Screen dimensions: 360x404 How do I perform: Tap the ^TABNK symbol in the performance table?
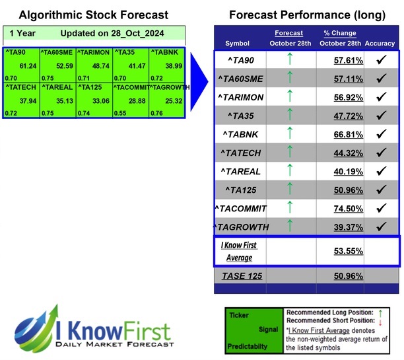click(242, 134)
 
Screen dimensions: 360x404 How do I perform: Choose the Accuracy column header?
click(379, 44)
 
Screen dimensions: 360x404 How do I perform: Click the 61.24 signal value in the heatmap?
click(28, 66)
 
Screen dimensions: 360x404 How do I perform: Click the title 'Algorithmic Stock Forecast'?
click(93, 15)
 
